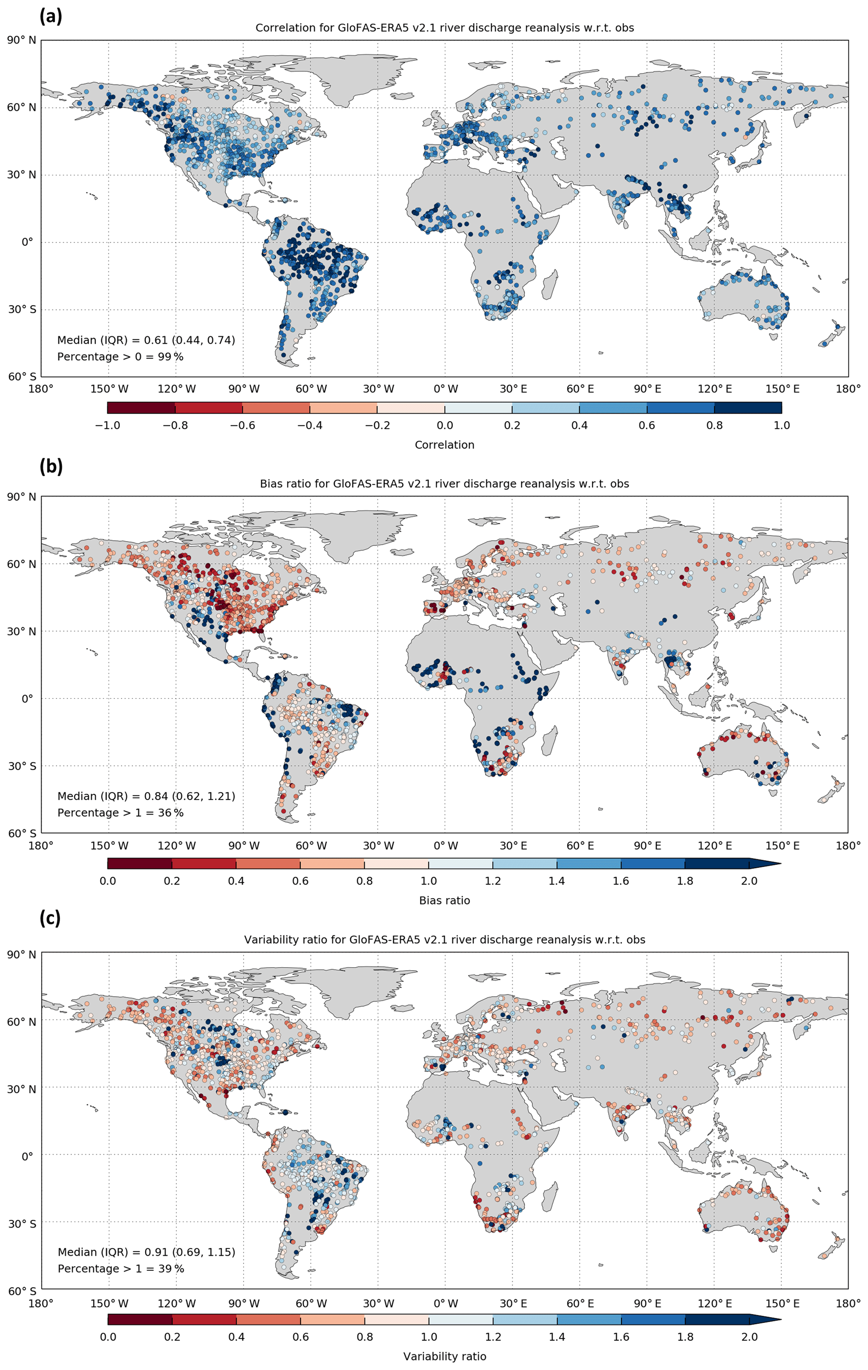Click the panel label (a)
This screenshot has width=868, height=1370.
51,16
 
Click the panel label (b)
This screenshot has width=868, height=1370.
51,467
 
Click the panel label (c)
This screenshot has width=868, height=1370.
50,918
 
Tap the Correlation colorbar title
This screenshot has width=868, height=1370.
444,445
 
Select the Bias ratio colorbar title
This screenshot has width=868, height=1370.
444,900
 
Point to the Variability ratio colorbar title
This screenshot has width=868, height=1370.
444,1356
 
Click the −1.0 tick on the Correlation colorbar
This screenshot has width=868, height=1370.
107,425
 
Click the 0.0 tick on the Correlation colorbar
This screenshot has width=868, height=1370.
444,425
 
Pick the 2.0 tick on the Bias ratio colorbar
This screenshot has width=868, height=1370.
749,881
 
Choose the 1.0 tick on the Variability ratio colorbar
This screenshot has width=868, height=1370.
429,1336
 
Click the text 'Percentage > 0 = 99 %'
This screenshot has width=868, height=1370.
120,357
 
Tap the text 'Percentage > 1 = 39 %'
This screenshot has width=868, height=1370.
121,1268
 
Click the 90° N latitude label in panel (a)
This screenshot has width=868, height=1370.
21,40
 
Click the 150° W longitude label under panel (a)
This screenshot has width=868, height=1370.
109,389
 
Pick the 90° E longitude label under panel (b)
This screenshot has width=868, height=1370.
647,845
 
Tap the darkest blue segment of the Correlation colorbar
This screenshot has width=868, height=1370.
747,408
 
